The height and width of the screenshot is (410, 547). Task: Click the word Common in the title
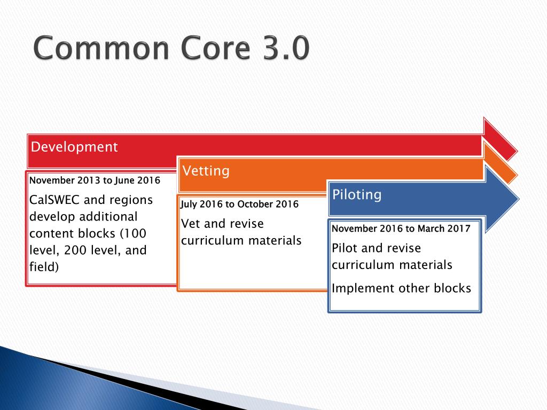click(x=101, y=48)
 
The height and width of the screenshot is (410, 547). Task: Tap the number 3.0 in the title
click(x=286, y=48)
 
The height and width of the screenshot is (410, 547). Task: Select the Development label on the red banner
click(x=74, y=147)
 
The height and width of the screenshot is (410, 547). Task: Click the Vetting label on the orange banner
click(x=206, y=171)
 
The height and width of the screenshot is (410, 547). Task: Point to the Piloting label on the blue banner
click(x=357, y=194)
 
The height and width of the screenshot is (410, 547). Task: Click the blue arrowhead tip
click(x=519, y=199)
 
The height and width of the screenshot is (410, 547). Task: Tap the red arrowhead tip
click(x=517, y=151)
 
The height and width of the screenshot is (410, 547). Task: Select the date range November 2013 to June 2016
click(x=95, y=180)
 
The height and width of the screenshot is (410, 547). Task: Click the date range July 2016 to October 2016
click(x=239, y=204)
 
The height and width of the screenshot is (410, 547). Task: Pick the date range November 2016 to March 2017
click(x=401, y=228)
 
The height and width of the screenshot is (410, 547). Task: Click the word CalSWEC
click(x=54, y=200)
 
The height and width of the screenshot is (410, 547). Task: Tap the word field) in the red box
click(x=44, y=267)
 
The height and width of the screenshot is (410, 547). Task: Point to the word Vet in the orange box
click(x=191, y=224)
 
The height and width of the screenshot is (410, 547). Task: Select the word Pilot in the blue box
click(x=345, y=248)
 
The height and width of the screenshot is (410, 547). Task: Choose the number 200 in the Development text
click(x=76, y=250)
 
